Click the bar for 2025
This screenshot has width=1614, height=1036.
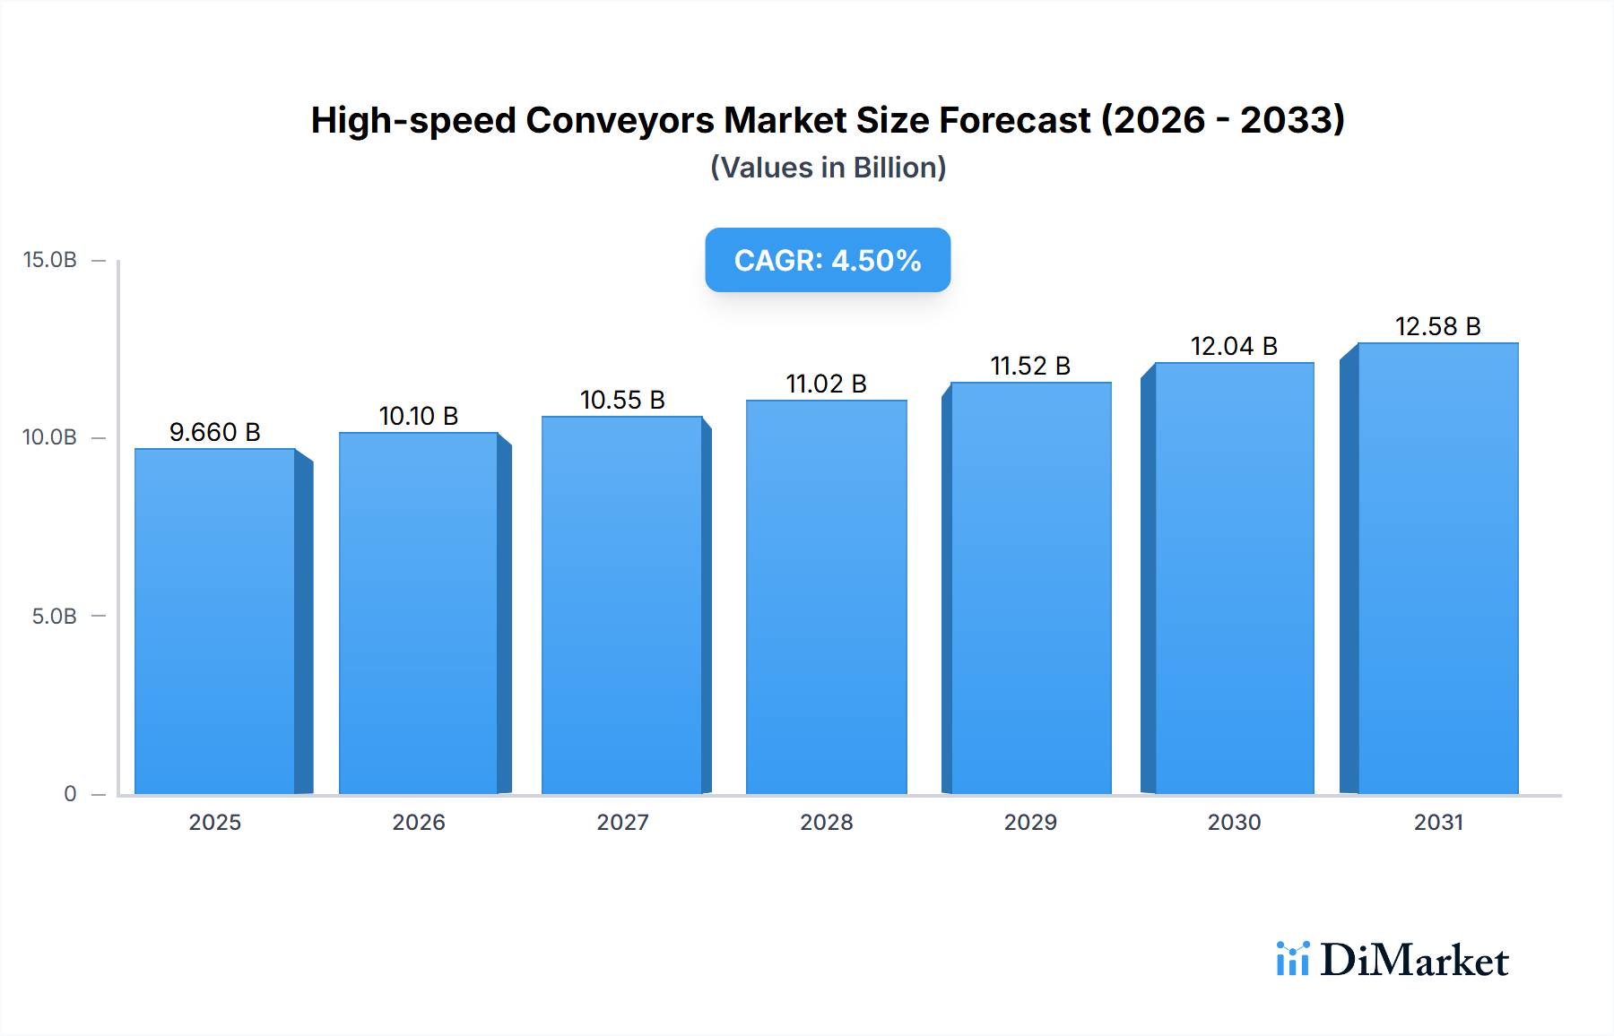tap(215, 621)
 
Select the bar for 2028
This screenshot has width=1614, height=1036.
tap(826, 597)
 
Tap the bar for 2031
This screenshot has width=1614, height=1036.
tap(1438, 568)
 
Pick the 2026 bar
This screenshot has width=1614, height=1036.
tap(419, 613)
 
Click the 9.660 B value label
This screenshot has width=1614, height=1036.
tap(215, 432)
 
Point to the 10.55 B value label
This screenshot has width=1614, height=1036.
tap(622, 400)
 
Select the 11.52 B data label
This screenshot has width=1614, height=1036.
tap(1030, 366)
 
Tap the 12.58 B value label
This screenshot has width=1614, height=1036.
tap(1437, 326)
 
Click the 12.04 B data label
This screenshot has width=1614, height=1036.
tap(1234, 346)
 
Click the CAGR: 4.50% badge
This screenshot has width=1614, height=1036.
tap(828, 260)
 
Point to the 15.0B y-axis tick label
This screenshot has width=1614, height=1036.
tap(50, 260)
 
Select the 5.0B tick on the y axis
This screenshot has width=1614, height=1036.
tap(55, 617)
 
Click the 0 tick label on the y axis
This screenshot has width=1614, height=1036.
tap(70, 794)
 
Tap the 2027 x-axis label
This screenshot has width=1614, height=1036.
tap(622, 823)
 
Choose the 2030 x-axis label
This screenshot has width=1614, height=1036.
tap(1234, 823)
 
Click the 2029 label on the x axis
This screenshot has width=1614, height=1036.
tap(1030, 823)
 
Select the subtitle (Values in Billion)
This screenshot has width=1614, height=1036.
tap(828, 168)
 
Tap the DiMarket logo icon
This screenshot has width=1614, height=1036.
tap(1292, 959)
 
